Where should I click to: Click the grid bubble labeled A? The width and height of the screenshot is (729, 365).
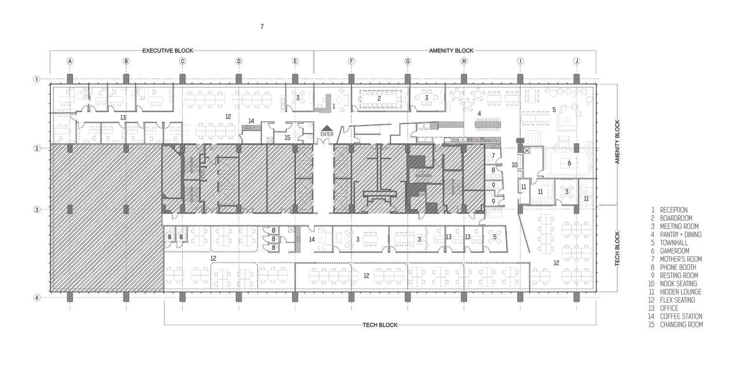(70, 61)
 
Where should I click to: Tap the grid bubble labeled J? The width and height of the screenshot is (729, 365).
(576, 61)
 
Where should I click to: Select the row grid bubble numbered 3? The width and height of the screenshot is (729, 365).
(36, 210)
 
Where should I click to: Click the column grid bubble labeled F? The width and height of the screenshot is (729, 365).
(351, 61)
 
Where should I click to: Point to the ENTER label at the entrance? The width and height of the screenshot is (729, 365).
(327, 134)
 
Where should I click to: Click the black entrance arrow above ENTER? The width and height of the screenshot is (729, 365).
(327, 128)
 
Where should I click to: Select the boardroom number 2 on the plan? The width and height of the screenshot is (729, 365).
(379, 98)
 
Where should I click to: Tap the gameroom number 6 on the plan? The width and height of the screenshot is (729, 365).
(569, 163)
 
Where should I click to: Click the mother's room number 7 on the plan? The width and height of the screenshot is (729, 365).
(493, 156)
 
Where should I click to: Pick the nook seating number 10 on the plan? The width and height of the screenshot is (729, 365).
(514, 165)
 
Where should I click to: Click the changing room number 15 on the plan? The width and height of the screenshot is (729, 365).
(287, 138)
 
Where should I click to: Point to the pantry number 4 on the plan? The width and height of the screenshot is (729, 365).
(479, 114)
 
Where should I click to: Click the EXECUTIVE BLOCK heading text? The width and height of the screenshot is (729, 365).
(168, 50)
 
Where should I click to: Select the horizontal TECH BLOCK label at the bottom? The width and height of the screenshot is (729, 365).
(380, 325)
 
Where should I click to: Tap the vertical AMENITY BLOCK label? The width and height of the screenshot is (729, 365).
(618, 141)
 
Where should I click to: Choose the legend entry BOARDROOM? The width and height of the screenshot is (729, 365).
(676, 218)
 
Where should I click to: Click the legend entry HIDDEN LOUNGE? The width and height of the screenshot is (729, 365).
(680, 292)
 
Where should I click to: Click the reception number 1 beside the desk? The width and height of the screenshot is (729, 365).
(333, 105)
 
